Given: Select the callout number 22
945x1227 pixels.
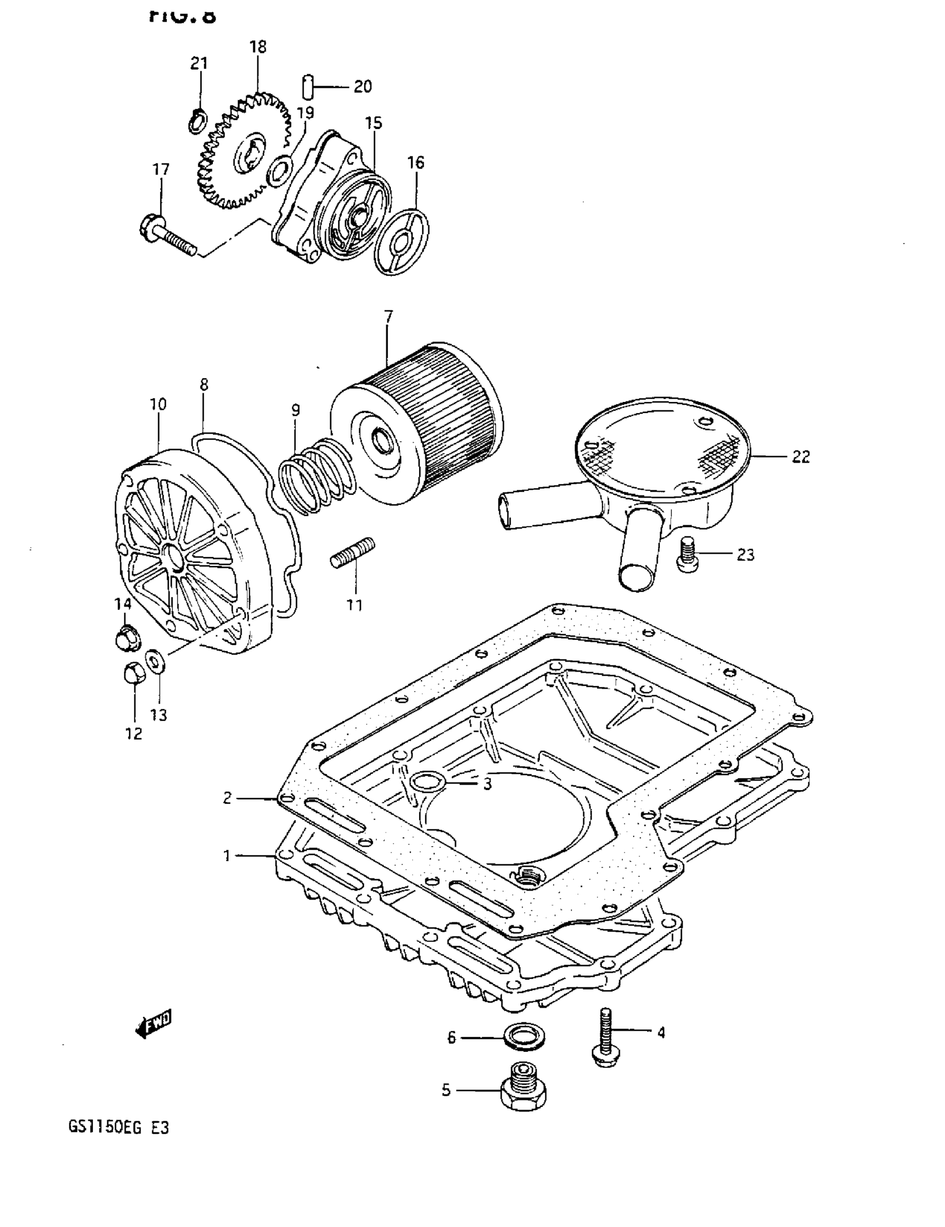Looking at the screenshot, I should (x=800, y=457).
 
